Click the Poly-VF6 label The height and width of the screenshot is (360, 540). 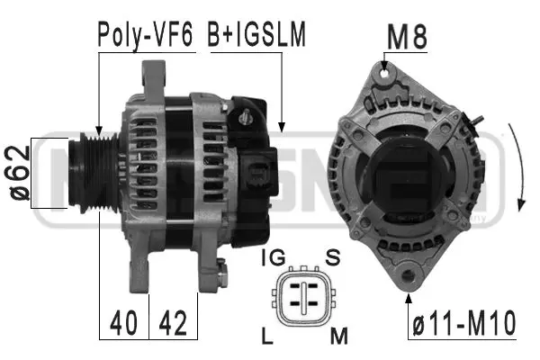pos(146,35)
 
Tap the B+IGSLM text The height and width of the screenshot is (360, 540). pos(257,35)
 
